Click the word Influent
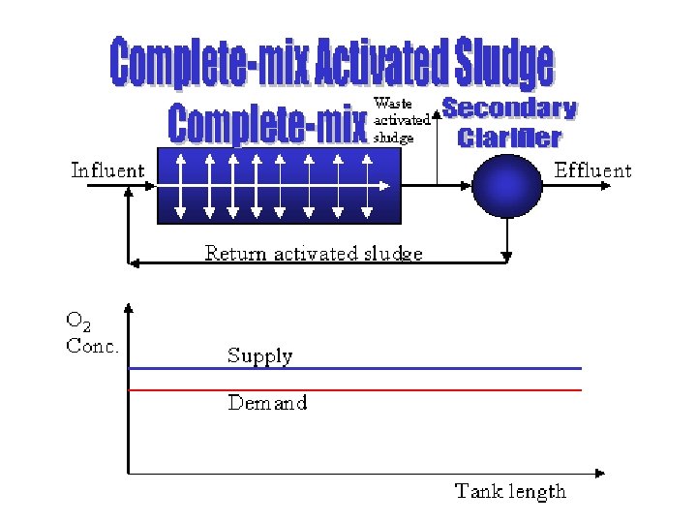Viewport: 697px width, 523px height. [107, 171]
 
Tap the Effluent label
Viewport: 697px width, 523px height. [592, 171]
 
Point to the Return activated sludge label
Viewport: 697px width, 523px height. [314, 254]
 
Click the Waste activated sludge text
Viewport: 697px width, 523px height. [401, 119]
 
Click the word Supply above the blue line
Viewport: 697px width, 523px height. [259, 355]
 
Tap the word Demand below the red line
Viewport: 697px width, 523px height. [267, 403]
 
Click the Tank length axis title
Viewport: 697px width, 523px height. [510, 491]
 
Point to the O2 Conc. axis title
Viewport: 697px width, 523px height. [92, 334]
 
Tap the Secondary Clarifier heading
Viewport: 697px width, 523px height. [509, 123]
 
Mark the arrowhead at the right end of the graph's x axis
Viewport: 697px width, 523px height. [600, 473]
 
